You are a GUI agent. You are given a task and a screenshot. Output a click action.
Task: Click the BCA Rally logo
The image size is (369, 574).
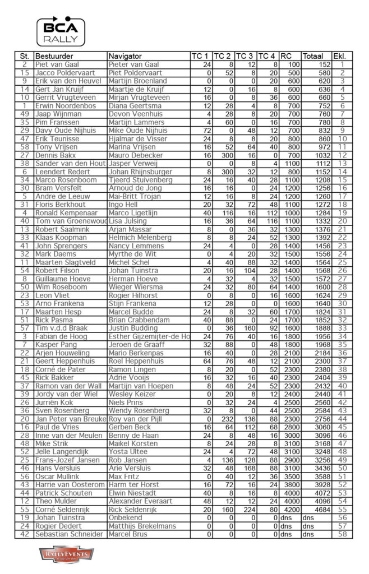[x=61, y=31]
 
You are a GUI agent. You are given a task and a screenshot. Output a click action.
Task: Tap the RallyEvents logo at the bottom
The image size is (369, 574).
[x=66, y=555]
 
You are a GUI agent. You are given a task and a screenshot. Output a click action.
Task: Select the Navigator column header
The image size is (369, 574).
[x=126, y=57]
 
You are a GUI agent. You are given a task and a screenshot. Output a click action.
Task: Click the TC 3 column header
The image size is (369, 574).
[x=245, y=57]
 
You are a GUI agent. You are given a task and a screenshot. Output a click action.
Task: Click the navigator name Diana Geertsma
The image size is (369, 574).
[x=130, y=105]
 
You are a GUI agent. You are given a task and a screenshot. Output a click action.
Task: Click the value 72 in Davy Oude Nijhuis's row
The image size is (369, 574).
[x=205, y=129]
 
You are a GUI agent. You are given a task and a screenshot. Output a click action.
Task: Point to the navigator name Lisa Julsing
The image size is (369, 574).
[x=127, y=220]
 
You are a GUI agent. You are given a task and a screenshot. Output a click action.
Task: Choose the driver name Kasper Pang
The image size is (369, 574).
[x=56, y=344]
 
